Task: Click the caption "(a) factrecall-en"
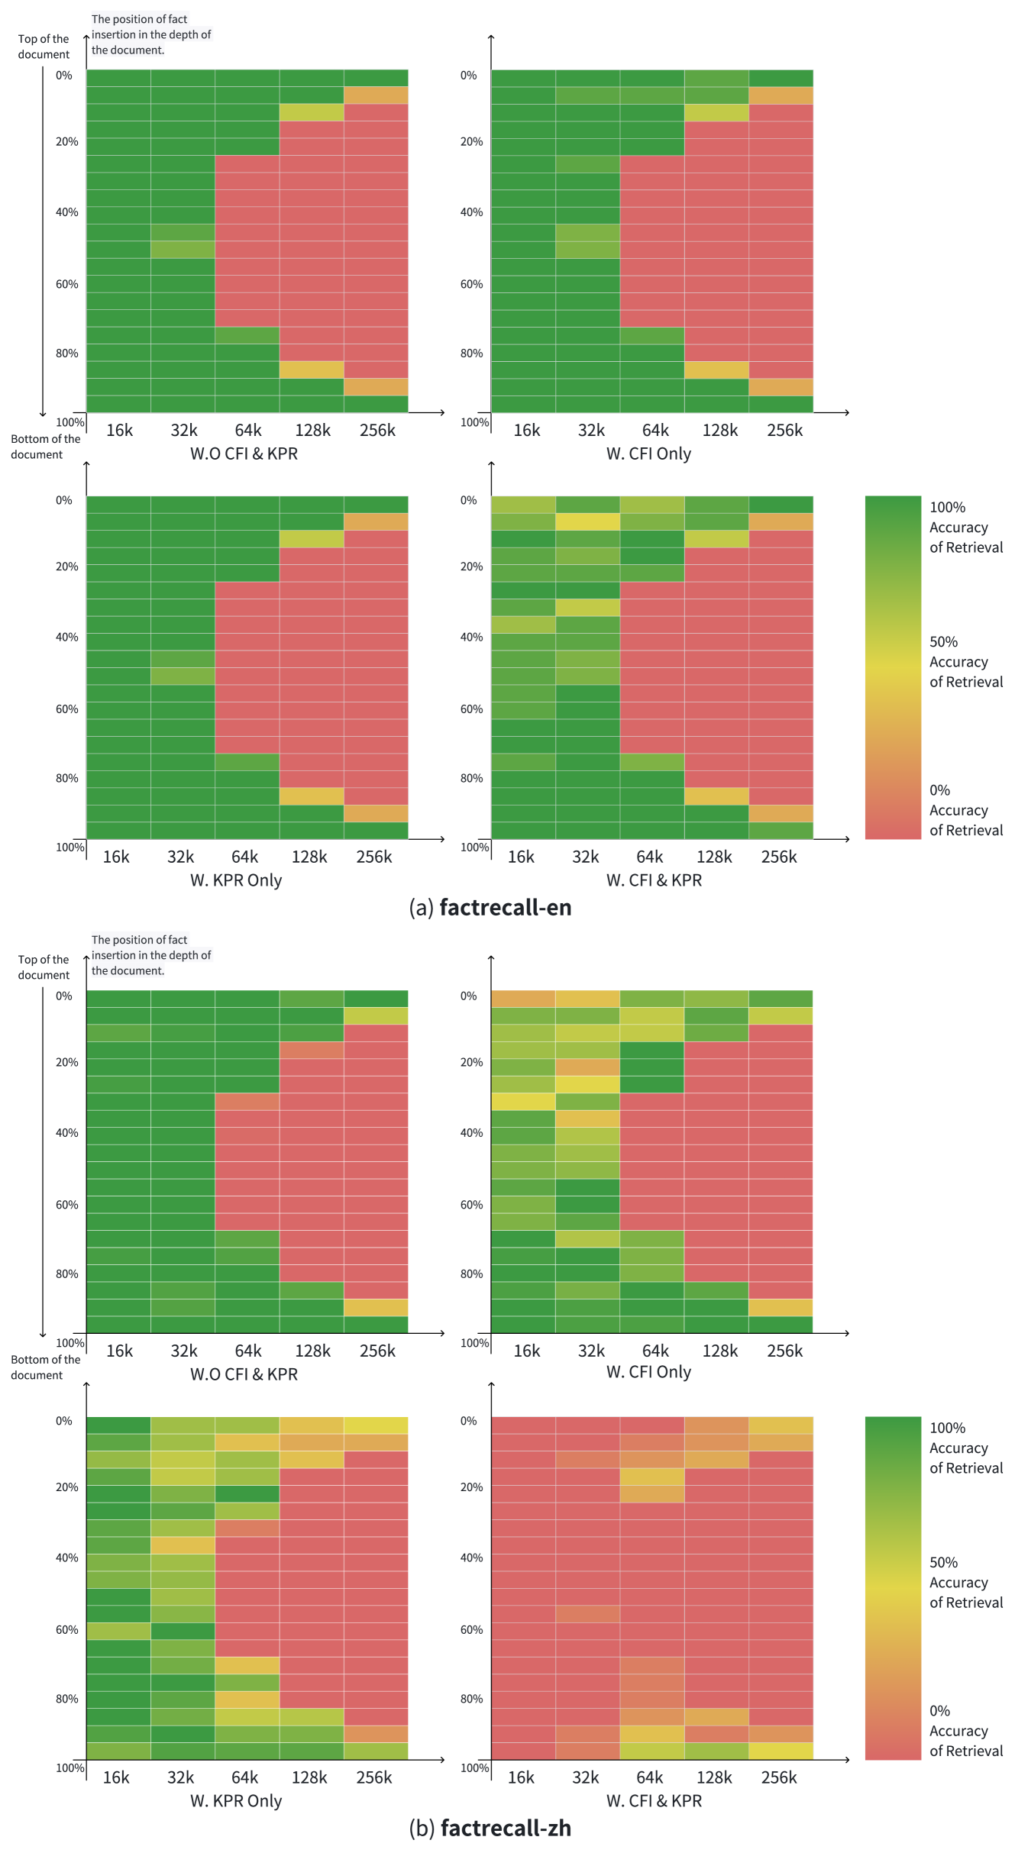click(490, 907)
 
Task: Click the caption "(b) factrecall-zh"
click(490, 1828)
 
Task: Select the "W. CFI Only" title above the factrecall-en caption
click(648, 454)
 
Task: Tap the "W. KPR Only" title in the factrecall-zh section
click(236, 1800)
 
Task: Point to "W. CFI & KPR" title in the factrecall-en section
click(654, 880)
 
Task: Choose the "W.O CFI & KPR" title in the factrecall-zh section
click(244, 1374)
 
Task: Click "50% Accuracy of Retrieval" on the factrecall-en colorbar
click(965, 662)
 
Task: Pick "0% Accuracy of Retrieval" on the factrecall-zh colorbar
click(965, 1731)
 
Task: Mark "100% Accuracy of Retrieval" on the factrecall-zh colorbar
click(965, 1448)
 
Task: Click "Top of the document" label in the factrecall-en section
click(44, 47)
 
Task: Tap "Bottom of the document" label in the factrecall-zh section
click(45, 1367)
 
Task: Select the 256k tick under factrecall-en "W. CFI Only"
click(784, 431)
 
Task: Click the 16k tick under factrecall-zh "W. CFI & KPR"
click(521, 1777)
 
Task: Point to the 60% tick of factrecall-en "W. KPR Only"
click(66, 709)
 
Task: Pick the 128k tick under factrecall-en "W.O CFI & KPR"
click(312, 431)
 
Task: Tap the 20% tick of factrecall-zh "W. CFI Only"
click(471, 1062)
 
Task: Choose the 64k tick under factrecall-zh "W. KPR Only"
click(244, 1777)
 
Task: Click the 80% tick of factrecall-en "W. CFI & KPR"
click(471, 778)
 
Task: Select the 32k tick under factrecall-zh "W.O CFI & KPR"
click(183, 1351)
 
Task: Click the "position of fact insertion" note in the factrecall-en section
click(150, 34)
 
